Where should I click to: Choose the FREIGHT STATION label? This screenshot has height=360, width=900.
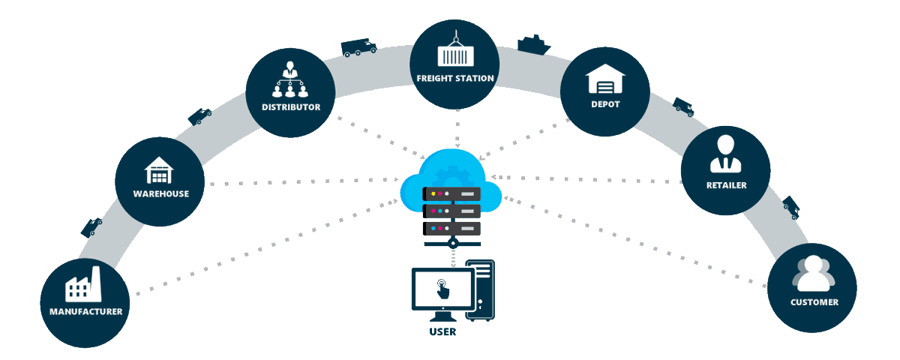pyautogui.click(x=455, y=78)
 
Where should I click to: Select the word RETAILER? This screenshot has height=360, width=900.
pyautogui.click(x=725, y=185)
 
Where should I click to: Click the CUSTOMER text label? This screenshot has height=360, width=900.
pyautogui.click(x=814, y=302)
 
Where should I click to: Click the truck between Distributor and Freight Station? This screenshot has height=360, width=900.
pyautogui.click(x=358, y=48)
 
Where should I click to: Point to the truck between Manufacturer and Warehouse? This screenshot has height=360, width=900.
pyautogui.click(x=91, y=226)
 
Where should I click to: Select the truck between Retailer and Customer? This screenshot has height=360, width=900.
pyautogui.click(x=791, y=207)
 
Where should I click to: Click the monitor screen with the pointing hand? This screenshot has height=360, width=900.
pyautogui.click(x=442, y=288)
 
